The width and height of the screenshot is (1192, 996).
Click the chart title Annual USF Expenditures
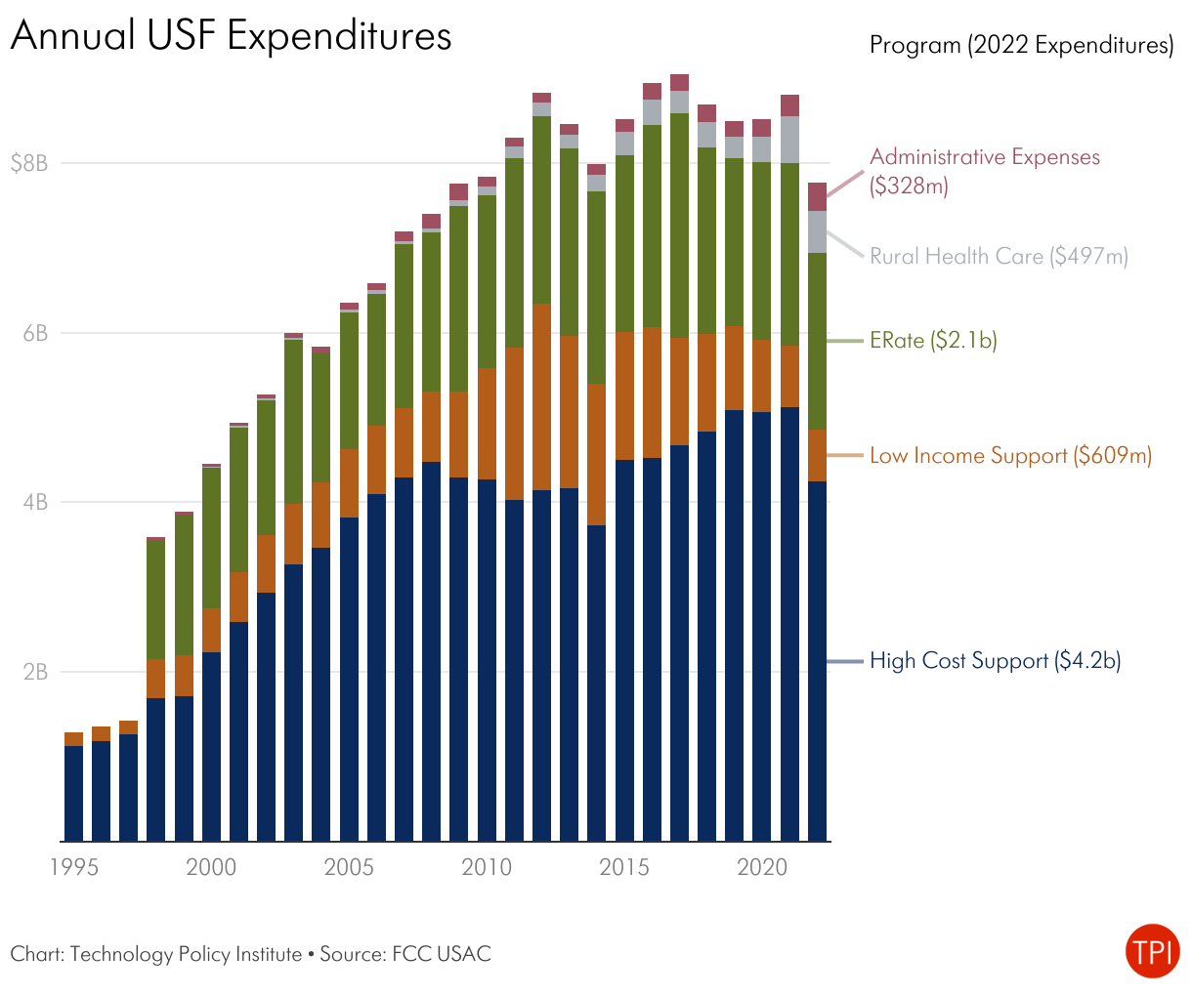(231, 36)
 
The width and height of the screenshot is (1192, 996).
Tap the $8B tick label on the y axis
(29, 163)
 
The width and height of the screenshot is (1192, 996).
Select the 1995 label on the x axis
(74, 867)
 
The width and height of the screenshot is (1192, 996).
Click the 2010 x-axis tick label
(487, 867)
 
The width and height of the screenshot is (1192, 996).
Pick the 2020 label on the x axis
(762, 867)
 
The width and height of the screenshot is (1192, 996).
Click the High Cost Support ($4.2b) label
(995, 661)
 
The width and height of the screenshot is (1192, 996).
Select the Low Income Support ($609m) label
(1010, 456)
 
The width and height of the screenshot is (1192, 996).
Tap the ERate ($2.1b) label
(933, 341)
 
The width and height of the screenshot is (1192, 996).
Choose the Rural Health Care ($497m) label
(999, 257)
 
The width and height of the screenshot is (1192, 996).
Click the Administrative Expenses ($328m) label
(984, 171)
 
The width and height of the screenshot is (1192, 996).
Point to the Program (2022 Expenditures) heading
(1021, 45)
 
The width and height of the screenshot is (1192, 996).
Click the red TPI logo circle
(1152, 950)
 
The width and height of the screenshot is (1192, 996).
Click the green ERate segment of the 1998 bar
(156, 600)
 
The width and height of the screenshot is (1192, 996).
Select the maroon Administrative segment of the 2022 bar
(817, 196)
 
